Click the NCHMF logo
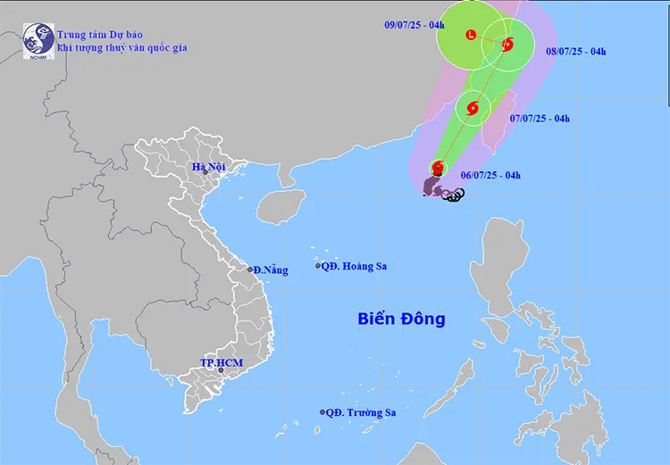pyautogui.click(x=38, y=40)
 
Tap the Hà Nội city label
pyautogui.click(x=209, y=166)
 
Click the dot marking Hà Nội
pyautogui.click(x=205, y=172)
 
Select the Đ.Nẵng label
pyautogui.click(x=271, y=270)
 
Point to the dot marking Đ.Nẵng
pyautogui.click(x=250, y=269)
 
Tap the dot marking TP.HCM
pyautogui.click(x=221, y=370)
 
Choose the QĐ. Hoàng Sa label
pyautogui.click(x=356, y=266)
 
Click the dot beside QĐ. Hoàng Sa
pyautogui.click(x=318, y=266)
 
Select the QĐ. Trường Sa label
pyautogui.click(x=361, y=412)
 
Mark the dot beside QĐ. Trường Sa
pyautogui.click(x=322, y=412)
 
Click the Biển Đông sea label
pyautogui.click(x=401, y=319)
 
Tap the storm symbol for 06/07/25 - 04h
pyautogui.click(x=438, y=167)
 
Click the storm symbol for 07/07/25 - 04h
pyautogui.click(x=473, y=109)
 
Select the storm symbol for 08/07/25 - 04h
pyautogui.click(x=507, y=44)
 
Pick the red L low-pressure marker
pyautogui.click(x=471, y=36)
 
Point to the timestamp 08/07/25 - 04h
pyautogui.click(x=576, y=51)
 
